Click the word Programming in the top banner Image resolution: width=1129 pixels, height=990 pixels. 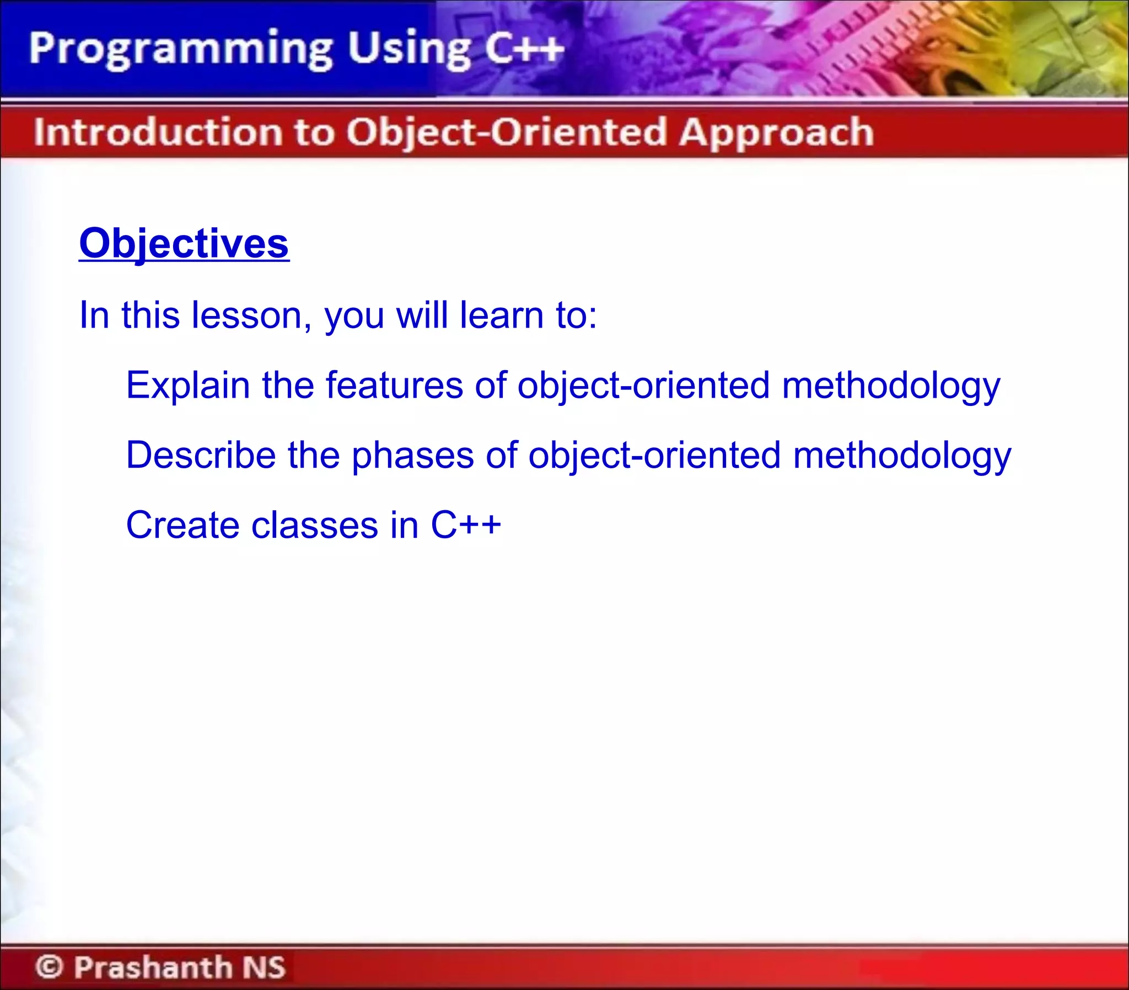tap(180, 50)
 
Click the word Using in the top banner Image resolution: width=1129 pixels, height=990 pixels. tap(409, 50)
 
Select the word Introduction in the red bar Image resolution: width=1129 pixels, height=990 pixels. tap(158, 132)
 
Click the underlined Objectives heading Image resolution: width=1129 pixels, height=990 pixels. tap(184, 244)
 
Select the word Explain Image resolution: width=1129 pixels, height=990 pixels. tap(187, 385)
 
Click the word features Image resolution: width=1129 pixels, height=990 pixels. tap(394, 385)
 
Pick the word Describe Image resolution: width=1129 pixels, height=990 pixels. tap(201, 455)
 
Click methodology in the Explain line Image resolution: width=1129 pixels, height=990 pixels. tap(890, 386)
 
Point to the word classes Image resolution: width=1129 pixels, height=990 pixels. tap(315, 525)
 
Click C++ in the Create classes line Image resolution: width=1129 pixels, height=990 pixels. tap(465, 525)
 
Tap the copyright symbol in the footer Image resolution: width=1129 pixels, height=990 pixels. tap(49, 967)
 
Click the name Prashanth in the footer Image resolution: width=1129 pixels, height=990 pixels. tap(153, 967)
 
